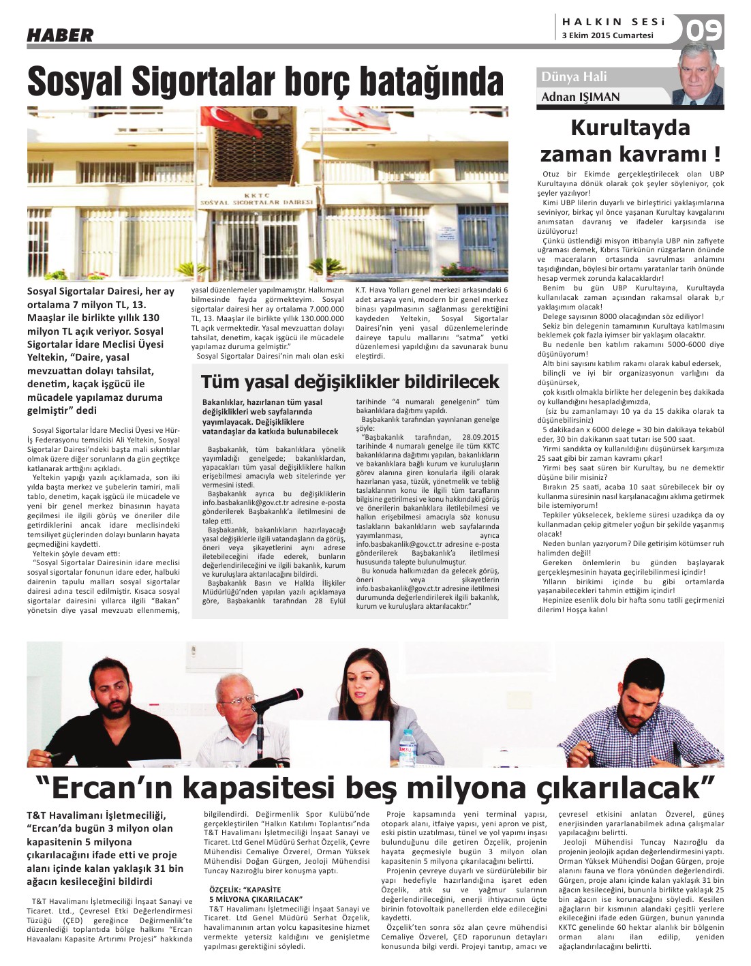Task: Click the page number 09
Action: [x=704, y=30]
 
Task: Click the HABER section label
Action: [x=60, y=35]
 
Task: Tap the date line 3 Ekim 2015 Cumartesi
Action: [x=607, y=35]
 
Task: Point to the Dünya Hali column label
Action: [x=574, y=77]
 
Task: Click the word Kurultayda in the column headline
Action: [x=630, y=127]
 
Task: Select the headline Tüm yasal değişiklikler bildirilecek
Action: [x=350, y=381]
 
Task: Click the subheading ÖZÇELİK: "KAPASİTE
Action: [x=245, y=890]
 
